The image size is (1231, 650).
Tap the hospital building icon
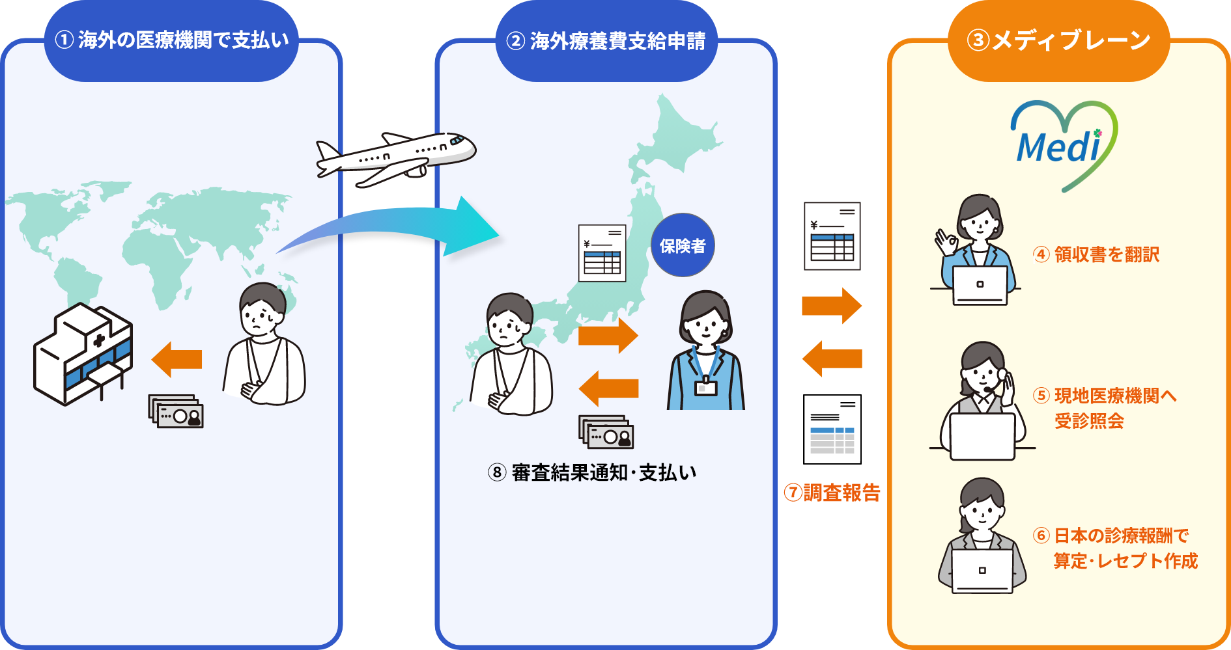(x=83, y=353)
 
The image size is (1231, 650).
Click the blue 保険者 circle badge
(x=683, y=245)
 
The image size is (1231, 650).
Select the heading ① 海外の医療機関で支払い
(x=171, y=40)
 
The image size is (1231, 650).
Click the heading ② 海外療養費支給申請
(x=606, y=41)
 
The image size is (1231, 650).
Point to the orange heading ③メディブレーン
(x=1058, y=40)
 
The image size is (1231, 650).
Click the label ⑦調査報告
(x=832, y=493)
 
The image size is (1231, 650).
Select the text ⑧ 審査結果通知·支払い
(x=592, y=472)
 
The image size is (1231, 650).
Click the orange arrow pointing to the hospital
(x=177, y=359)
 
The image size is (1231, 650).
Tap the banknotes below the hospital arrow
(x=176, y=412)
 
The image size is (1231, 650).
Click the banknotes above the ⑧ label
(x=606, y=432)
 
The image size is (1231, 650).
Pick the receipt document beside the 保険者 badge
(x=602, y=253)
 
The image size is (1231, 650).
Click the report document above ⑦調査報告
(x=832, y=429)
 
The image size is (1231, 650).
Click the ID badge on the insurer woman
(x=705, y=387)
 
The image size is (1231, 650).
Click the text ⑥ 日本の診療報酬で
(x=1111, y=535)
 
